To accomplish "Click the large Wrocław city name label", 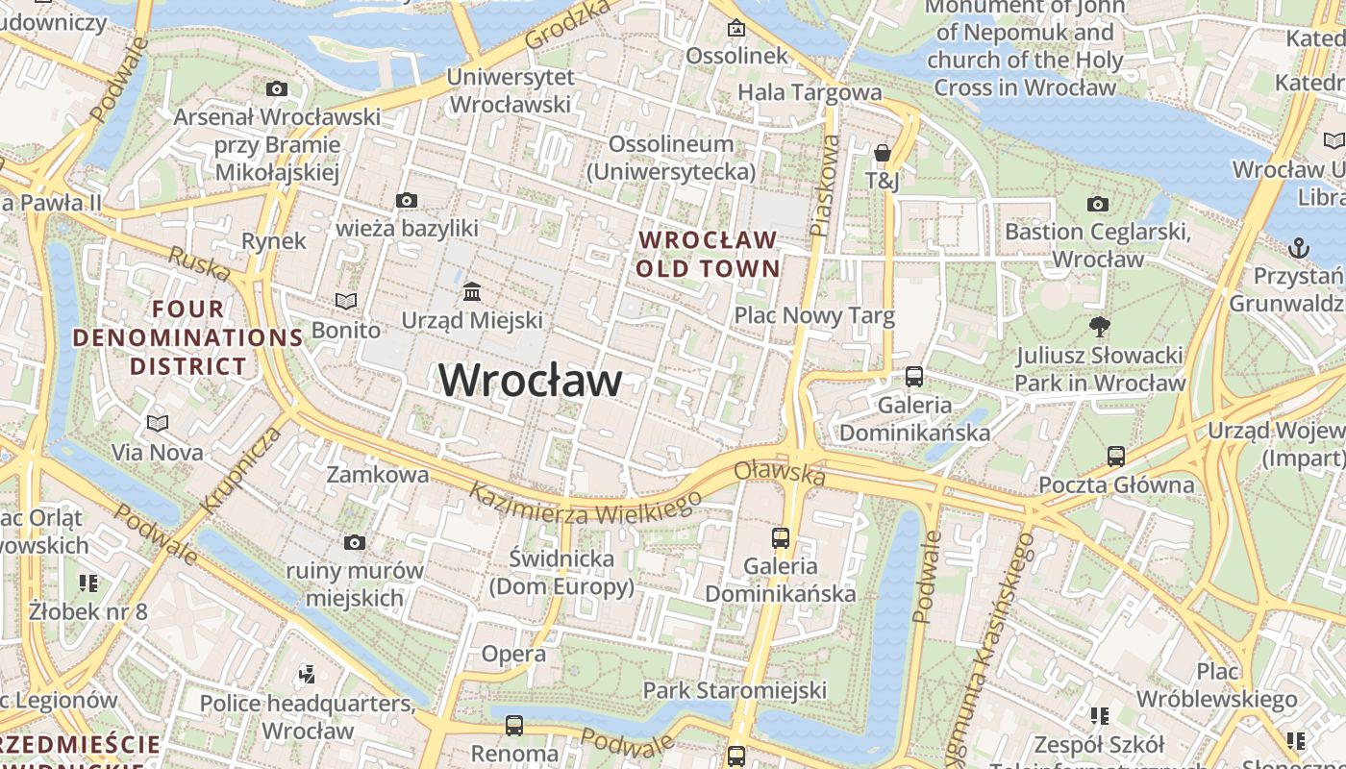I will click(530, 381).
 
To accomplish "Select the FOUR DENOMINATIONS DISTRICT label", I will click(188, 337).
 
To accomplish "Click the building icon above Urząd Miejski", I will click(472, 291).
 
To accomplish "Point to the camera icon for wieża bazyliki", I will click(407, 200).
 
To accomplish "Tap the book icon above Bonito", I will click(346, 301).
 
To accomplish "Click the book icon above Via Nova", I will click(158, 423).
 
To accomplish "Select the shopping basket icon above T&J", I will click(882, 153).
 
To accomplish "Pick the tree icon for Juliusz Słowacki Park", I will click(1100, 327).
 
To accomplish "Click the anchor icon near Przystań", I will click(1299, 248).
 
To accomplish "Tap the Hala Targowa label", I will click(810, 92).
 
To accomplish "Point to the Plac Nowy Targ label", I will click(814, 315).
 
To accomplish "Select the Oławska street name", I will click(780, 473).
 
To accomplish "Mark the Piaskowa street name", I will click(825, 185).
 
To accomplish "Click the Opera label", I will click(513, 655).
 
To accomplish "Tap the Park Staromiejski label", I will click(735, 690).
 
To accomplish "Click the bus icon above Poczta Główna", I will click(1116, 456).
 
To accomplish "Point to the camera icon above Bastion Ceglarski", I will click(1097, 204).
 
